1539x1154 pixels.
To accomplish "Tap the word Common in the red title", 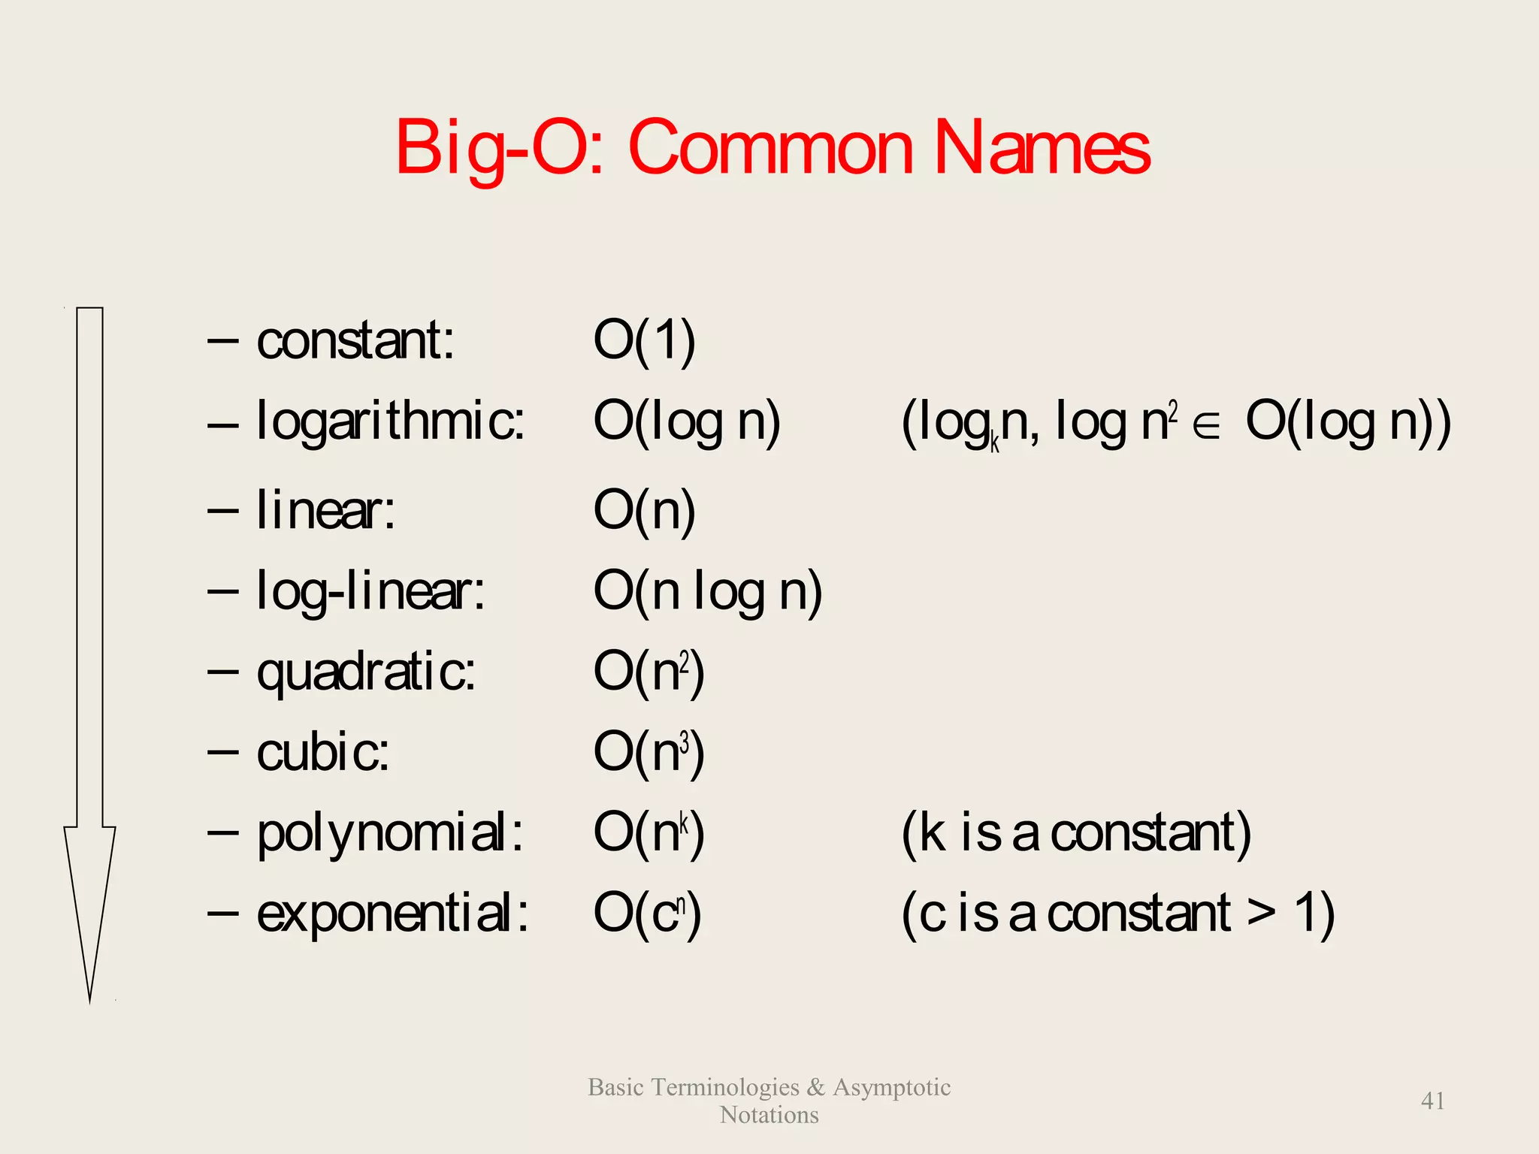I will pos(770,147).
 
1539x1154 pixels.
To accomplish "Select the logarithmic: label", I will pos(391,421).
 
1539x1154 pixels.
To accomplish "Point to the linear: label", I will pos(325,510).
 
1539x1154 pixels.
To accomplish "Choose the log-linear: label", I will pos(370,591).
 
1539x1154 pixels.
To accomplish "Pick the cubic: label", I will pos(323,752).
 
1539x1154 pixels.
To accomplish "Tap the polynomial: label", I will pos(390,834).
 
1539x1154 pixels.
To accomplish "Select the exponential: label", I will pos(392,914).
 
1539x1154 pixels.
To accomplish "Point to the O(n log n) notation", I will pos(707,591).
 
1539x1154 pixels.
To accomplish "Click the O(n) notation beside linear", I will pos(644,510).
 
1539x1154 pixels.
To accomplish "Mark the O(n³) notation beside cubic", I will pos(649,752).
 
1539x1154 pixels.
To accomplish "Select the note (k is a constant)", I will pos(1076,833).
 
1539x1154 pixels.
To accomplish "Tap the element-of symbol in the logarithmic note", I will pos(1206,426).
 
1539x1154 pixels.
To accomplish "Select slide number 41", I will pos(1432,1101).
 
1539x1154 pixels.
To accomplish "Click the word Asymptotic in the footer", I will pos(891,1087).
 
